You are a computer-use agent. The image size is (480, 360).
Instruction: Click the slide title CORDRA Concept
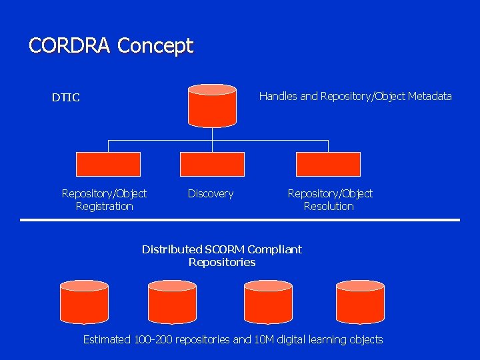click(111, 45)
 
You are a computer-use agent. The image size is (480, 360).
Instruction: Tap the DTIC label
click(66, 98)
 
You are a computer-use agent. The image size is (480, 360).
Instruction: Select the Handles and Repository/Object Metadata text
click(355, 97)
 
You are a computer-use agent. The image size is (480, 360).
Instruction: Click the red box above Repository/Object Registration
click(109, 164)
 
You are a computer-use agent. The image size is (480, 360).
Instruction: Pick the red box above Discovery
click(212, 164)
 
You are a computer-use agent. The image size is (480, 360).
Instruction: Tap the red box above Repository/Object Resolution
click(328, 164)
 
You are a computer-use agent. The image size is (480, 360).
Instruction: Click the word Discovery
click(211, 194)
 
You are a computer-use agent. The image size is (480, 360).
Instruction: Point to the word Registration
click(104, 207)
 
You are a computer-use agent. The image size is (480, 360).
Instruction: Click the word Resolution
click(329, 207)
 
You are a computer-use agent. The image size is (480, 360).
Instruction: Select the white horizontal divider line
click(240, 219)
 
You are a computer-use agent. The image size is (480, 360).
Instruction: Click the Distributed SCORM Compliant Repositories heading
click(222, 256)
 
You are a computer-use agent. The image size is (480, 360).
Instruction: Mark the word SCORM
click(224, 249)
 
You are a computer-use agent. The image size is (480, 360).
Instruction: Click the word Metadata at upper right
click(429, 97)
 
